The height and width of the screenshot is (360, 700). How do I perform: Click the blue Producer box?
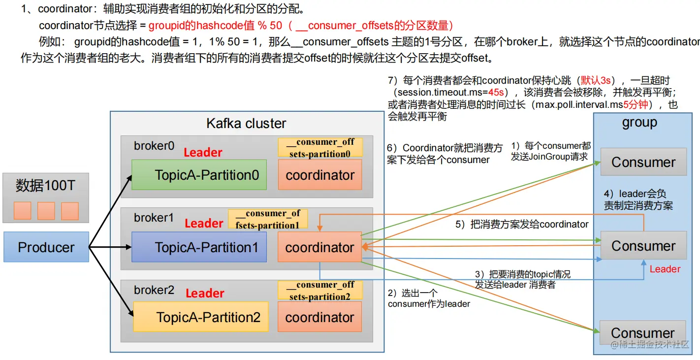tap(46, 247)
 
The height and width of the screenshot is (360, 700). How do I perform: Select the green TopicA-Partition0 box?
tap(199, 175)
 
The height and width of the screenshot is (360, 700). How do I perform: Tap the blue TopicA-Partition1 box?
tap(199, 247)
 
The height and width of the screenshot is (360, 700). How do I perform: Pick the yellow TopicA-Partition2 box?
tap(201, 317)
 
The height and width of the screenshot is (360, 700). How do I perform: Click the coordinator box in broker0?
tap(320, 175)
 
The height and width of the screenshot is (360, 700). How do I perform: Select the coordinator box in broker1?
tap(320, 247)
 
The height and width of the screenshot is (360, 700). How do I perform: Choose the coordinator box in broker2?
tap(320, 317)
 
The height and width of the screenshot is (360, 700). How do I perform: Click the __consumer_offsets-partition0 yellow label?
tap(320, 147)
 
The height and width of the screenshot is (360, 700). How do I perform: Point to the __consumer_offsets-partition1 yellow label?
tap(268, 219)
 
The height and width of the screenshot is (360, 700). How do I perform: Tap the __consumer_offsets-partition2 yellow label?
tap(320, 290)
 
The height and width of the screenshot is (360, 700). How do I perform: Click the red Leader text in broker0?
tap(203, 153)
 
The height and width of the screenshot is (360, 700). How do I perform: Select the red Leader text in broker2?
tap(205, 294)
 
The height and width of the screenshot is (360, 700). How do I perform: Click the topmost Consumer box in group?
tap(643, 162)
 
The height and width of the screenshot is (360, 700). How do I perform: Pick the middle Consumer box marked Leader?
tap(643, 246)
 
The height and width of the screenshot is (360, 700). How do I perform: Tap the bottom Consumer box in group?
tap(643, 333)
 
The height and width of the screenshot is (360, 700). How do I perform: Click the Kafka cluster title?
tap(246, 123)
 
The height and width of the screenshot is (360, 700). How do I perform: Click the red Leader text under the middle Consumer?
tap(665, 269)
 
